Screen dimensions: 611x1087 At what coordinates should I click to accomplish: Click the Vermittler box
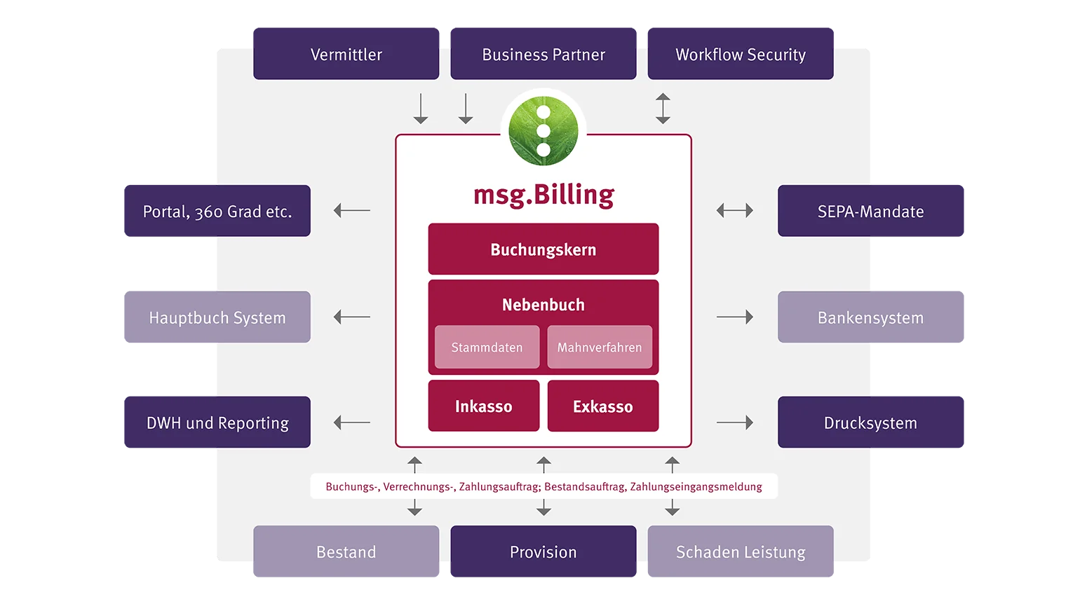point(346,54)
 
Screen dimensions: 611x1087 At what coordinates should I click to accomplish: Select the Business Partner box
point(543,54)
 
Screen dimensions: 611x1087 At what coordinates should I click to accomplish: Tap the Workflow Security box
point(740,54)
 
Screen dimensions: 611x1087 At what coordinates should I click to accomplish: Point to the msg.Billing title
point(543,195)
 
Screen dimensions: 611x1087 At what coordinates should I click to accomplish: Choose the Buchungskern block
point(543,249)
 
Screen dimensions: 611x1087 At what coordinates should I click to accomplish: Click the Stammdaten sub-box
point(487,348)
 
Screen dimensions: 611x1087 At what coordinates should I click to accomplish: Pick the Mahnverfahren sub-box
point(600,348)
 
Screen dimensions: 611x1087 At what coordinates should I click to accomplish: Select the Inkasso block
point(483,406)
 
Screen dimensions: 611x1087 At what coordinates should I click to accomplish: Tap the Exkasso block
point(603,406)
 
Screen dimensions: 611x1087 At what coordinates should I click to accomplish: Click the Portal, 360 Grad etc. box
point(217,212)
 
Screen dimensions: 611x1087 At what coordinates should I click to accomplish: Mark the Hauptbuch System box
point(217,317)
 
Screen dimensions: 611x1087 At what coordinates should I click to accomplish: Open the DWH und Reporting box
point(217,423)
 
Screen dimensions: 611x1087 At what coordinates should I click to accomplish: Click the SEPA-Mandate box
point(870,212)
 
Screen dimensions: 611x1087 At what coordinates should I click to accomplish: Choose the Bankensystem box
point(870,317)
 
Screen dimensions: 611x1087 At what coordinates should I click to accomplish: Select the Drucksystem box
point(870,423)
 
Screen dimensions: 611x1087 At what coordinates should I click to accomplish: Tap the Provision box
point(543,552)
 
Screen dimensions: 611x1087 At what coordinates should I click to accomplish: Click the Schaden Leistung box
point(740,552)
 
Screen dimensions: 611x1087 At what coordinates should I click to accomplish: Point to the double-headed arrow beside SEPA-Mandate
point(734,210)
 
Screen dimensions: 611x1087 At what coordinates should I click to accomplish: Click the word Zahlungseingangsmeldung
point(696,487)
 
